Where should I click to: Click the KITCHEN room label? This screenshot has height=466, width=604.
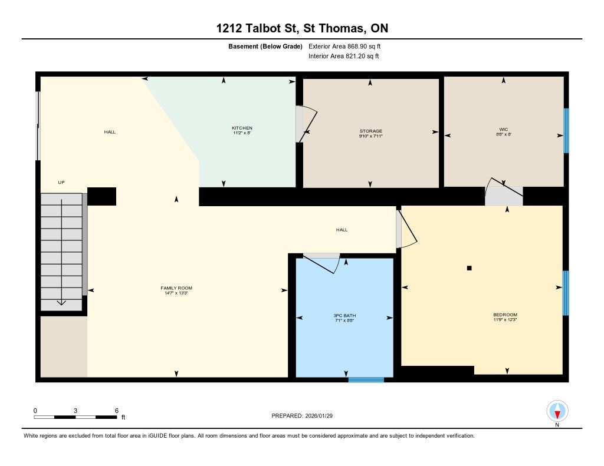242,128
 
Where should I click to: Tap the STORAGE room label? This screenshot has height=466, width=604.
371,131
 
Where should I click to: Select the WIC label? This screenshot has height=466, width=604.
504,129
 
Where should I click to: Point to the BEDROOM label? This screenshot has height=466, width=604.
505,315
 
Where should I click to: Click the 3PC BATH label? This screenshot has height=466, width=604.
344,316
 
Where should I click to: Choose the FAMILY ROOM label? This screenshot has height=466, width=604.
176,288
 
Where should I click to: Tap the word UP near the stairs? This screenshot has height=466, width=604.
61,183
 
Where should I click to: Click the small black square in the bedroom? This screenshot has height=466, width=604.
469,268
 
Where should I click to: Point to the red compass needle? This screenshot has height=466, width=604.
557,414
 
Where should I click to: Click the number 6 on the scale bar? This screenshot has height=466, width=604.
117,411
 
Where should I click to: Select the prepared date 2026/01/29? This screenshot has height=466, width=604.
319,415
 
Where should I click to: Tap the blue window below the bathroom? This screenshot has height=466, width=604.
366,380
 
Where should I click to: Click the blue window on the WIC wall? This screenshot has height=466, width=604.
566,131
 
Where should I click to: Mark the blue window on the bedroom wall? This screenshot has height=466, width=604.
566,293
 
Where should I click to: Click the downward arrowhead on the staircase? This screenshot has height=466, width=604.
61,302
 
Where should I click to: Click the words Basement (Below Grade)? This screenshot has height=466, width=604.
265,47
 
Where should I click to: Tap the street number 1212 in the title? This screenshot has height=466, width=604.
229,28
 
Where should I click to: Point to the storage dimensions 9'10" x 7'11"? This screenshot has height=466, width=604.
371,136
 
